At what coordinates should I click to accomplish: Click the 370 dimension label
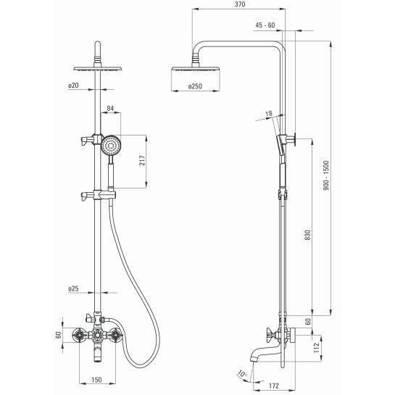pyautogui.click(x=240, y=4)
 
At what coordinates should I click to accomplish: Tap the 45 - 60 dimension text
pyautogui.click(x=265, y=25)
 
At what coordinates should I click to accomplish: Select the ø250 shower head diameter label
pyautogui.click(x=195, y=86)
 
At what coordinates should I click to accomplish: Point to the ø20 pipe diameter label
pyautogui.click(x=73, y=86)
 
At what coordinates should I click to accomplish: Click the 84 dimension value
pyautogui.click(x=110, y=109)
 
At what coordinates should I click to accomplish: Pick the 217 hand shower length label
pyautogui.click(x=142, y=160)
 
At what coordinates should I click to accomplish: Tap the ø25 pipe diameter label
pyautogui.click(x=73, y=288)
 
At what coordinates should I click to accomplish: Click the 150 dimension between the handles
pyautogui.click(x=96, y=380)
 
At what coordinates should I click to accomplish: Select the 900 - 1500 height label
pyautogui.click(x=326, y=175)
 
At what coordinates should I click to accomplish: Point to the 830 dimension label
pyautogui.click(x=308, y=235)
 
